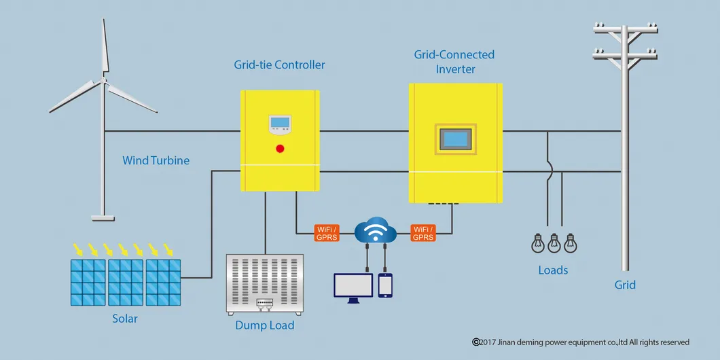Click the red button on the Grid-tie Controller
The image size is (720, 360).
pyautogui.click(x=279, y=148)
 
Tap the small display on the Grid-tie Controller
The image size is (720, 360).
pyautogui.click(x=279, y=124)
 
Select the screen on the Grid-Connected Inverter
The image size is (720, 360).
pyautogui.click(x=456, y=139)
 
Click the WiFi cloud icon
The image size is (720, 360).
pyautogui.click(x=376, y=231)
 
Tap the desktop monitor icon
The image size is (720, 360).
pyautogui.click(x=353, y=286)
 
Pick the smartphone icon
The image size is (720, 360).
pyautogui.click(x=385, y=285)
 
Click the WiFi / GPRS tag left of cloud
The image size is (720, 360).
pyautogui.click(x=326, y=233)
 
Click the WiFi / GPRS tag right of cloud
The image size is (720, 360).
pyautogui.click(x=423, y=233)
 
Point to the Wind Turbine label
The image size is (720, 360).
pyautogui.click(x=156, y=161)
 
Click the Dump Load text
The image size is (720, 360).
pyautogui.click(x=265, y=325)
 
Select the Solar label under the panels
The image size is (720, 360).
pyautogui.click(x=125, y=318)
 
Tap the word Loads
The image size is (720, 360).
pyautogui.click(x=553, y=270)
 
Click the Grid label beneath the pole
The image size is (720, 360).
pyautogui.click(x=625, y=285)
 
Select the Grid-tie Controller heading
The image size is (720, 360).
pyautogui.click(x=279, y=65)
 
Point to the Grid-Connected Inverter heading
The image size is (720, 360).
pyautogui.click(x=454, y=62)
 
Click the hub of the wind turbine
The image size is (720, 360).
pyautogui.click(x=104, y=81)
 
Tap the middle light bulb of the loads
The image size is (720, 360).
pyautogui.click(x=554, y=242)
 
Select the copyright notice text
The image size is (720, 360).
pyautogui.click(x=581, y=342)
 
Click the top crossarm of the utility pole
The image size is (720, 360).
pyautogui.click(x=625, y=28)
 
